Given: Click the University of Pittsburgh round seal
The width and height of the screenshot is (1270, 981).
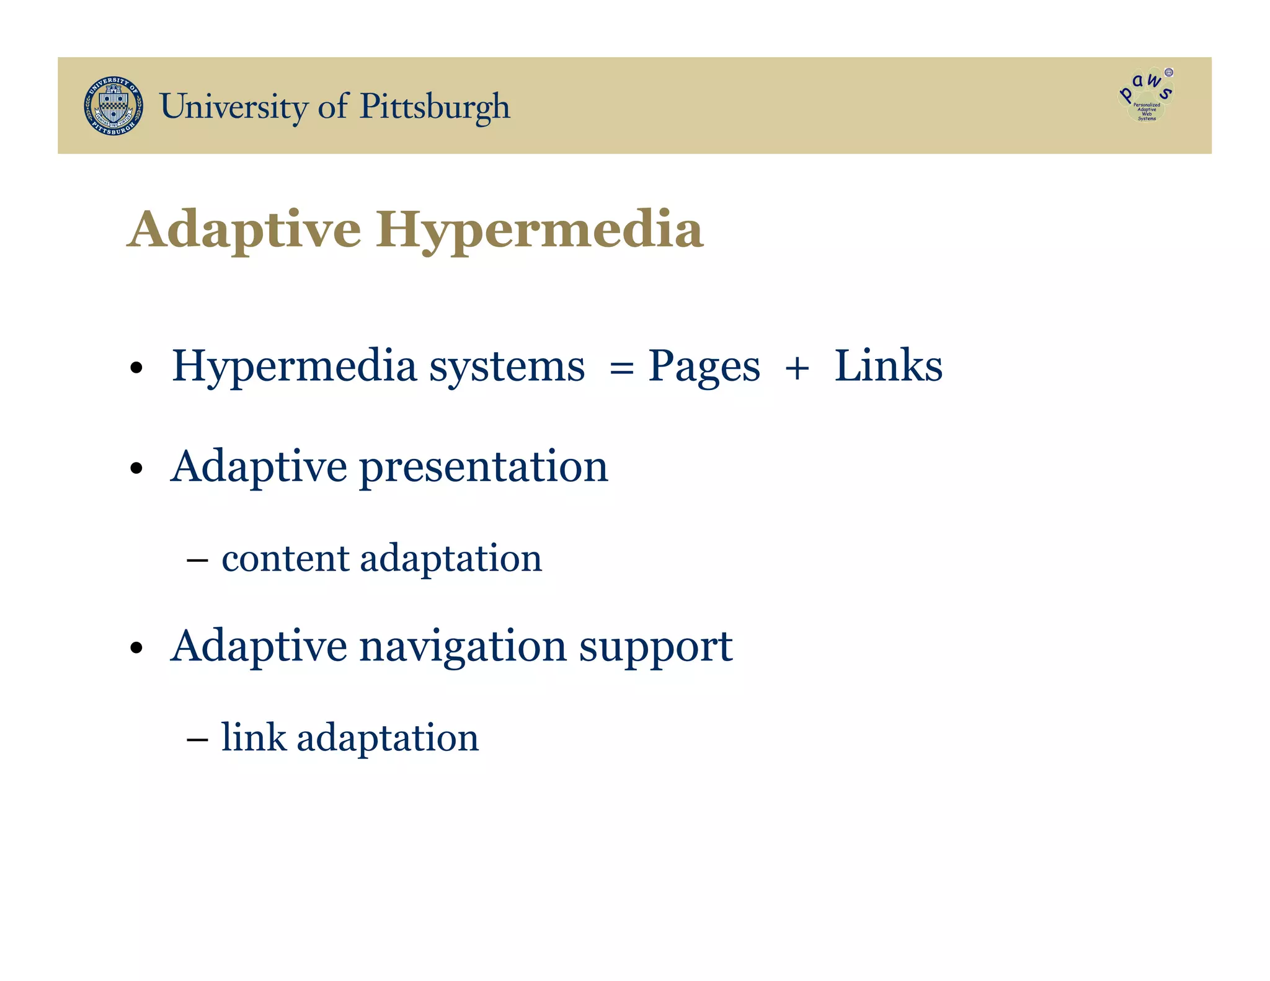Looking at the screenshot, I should tap(113, 106).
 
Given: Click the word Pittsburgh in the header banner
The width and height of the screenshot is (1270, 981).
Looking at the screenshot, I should tap(435, 107).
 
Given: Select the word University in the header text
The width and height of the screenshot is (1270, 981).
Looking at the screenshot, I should tap(233, 107).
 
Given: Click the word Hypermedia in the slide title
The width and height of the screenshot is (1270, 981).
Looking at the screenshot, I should tap(539, 230).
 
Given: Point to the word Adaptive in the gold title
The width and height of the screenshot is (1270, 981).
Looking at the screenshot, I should tap(244, 230).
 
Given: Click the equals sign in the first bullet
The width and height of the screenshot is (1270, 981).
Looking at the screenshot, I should tap(621, 368).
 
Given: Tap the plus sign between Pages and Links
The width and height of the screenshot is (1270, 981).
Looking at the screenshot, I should tap(797, 368).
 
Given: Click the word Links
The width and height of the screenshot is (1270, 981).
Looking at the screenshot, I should tap(888, 366).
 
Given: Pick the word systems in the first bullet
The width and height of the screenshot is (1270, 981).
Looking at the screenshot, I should tap(507, 368).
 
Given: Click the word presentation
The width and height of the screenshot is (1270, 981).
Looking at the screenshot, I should tap(484, 468).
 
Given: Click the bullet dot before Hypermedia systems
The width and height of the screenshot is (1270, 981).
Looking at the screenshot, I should tap(137, 368).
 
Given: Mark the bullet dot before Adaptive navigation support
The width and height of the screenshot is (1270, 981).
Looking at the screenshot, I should tap(137, 649).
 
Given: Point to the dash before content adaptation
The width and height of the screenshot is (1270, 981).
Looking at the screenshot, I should tap(197, 561).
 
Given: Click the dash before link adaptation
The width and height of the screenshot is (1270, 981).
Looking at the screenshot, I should tap(197, 740).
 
